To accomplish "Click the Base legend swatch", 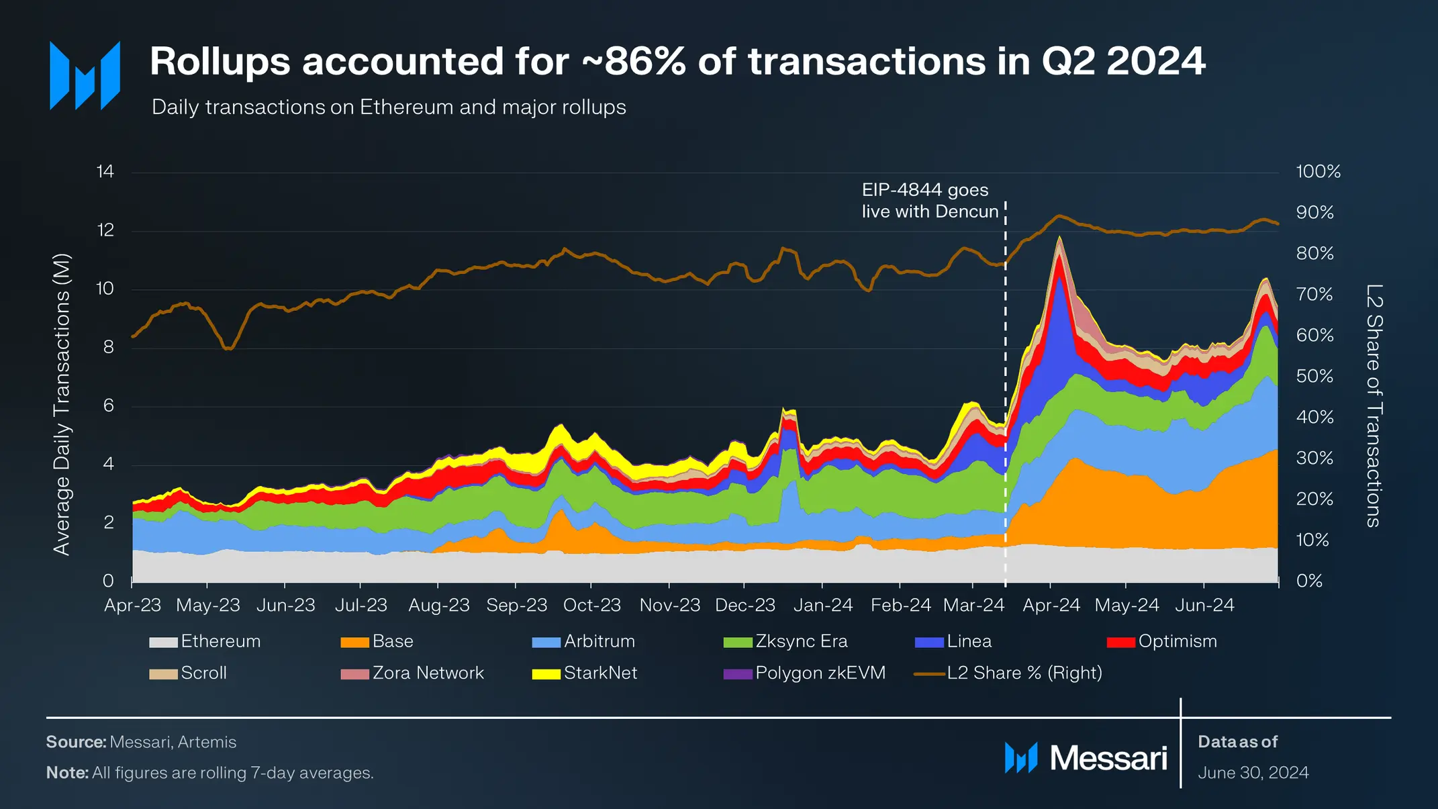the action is point(354,643).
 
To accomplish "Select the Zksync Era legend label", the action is point(802,641).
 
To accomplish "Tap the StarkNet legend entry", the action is point(585,673).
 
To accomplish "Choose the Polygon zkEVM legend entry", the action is point(805,673).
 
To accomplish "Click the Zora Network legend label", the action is point(428,673).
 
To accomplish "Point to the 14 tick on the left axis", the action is point(105,171).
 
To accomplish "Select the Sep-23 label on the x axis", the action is point(517,605).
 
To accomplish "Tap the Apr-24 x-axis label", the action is point(1051,605).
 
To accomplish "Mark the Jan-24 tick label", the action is point(823,605).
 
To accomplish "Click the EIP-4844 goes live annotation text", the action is point(930,201).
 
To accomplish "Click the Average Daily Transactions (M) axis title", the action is point(62,404).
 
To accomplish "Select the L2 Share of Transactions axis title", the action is point(1374,406).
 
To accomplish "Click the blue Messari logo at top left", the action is point(85,75).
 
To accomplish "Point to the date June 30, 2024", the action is point(1253,773).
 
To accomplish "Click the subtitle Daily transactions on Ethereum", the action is point(389,107).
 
